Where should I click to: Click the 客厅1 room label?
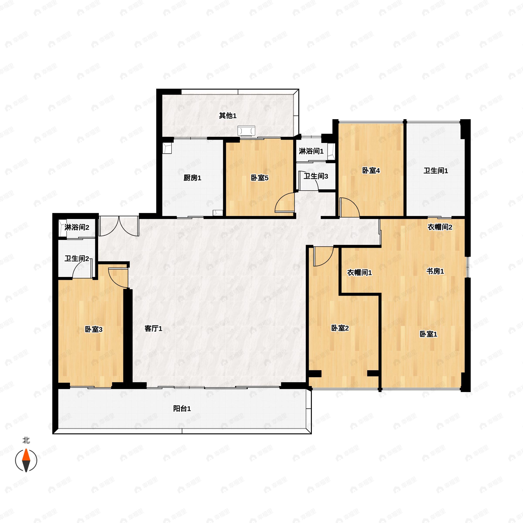[x=153, y=329]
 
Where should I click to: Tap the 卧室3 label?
[x=94, y=329]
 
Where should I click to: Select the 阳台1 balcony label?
[x=182, y=409]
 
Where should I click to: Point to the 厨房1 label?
[x=192, y=178]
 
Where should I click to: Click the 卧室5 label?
[x=260, y=178]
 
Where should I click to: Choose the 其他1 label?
[x=228, y=115]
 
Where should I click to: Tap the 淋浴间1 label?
[x=311, y=151]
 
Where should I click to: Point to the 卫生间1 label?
[x=436, y=171]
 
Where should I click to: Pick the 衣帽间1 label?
[x=360, y=273]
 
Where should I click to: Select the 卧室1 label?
[x=428, y=334]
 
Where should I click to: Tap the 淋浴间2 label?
[x=77, y=227]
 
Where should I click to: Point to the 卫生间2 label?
[x=77, y=258]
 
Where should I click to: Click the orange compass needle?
[x=26, y=455]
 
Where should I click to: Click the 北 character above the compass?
[x=26, y=440]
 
